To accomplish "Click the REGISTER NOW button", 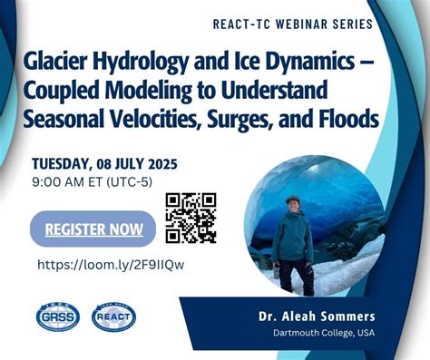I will click(93, 229).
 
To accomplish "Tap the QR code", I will click(191, 218).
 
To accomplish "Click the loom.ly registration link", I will click(111, 265).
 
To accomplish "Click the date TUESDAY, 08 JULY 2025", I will click(103, 164).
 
